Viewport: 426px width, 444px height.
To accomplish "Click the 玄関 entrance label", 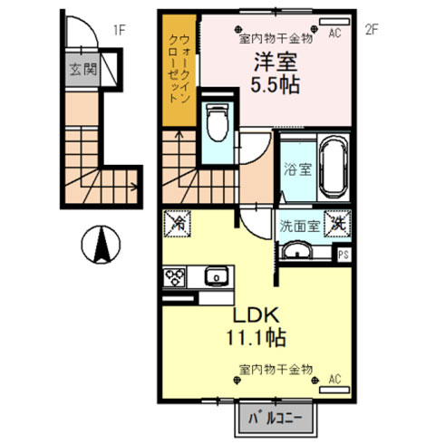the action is click(82, 69).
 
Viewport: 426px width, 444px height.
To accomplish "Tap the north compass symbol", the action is click(101, 245).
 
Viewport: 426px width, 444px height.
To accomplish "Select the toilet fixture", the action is click(218, 123).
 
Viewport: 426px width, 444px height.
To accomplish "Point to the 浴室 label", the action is click(297, 169).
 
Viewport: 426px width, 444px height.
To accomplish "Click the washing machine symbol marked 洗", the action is click(338, 224).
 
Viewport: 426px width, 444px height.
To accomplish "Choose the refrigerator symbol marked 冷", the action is click(178, 224).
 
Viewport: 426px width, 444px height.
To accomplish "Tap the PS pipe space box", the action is click(344, 255).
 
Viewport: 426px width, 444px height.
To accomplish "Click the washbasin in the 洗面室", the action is click(295, 250).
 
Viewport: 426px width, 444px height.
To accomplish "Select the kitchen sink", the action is click(217, 276).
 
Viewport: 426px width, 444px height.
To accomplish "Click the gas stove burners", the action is click(174, 277).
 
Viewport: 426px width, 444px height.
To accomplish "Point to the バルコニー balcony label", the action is click(276, 419).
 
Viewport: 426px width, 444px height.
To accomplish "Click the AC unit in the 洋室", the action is click(334, 22).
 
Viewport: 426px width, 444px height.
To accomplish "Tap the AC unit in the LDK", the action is click(334, 390).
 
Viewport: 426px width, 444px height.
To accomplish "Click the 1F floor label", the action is click(119, 30).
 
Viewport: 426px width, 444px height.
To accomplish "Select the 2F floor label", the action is click(372, 30).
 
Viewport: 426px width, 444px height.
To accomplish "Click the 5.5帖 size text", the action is click(276, 85).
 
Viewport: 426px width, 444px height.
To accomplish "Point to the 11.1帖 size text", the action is click(257, 337).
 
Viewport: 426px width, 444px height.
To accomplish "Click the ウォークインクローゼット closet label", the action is click(179, 69).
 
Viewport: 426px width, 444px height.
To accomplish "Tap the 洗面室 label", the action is click(299, 226).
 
